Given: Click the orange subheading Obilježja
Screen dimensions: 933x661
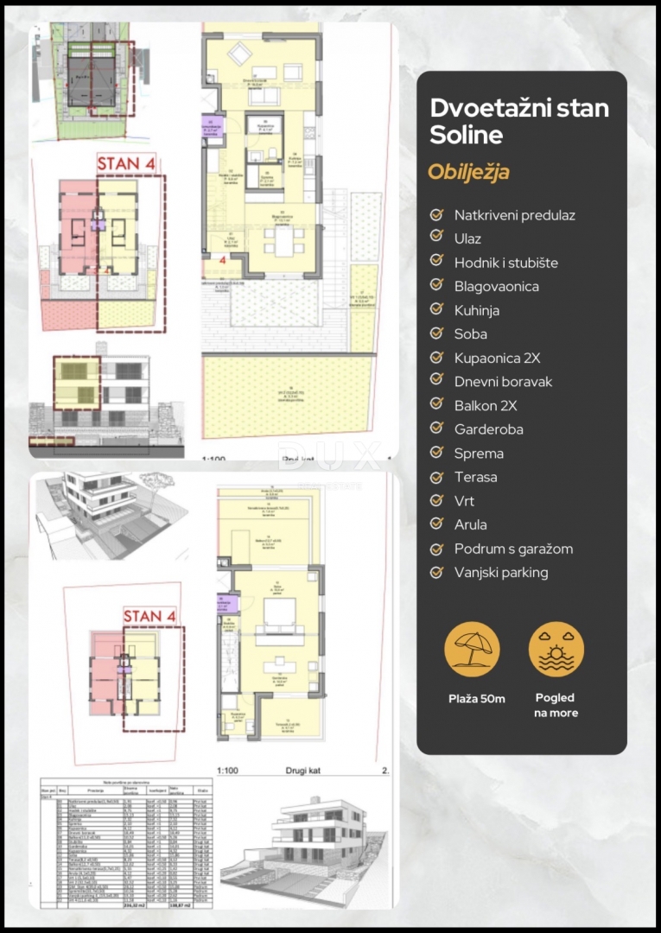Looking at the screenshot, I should tap(468, 172).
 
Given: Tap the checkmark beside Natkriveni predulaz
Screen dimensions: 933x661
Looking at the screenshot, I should tap(436, 214).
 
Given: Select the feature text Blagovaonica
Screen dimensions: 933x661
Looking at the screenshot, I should tap(496, 286).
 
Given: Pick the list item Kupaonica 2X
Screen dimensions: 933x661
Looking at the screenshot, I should tap(497, 358).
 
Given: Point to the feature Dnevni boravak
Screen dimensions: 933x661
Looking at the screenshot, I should tap(503, 381).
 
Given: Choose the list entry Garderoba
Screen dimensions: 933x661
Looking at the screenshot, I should tap(488, 429).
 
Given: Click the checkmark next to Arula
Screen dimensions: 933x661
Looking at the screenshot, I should tap(436, 524).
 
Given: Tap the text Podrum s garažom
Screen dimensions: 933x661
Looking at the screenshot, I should tap(513, 549).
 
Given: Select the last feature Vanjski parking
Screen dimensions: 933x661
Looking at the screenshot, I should tap(501, 572).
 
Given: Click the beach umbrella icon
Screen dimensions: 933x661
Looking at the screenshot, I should tap(472, 649).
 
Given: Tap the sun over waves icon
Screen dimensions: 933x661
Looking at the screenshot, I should tap(556, 649).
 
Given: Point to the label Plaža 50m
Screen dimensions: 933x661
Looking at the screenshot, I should tap(472, 698).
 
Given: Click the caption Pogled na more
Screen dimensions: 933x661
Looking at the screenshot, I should tap(556, 705).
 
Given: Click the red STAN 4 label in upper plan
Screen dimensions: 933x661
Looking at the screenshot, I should tap(126, 163).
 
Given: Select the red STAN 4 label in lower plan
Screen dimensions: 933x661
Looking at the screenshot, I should tap(151, 616).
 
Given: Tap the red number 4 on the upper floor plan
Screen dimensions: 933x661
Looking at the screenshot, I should tap(222, 258).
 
